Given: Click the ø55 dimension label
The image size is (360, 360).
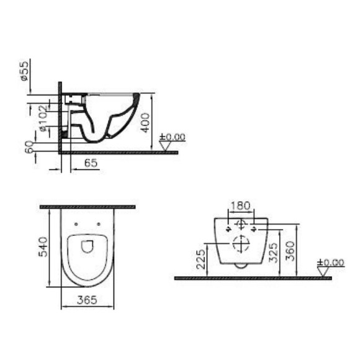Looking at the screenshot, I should pos(22,71).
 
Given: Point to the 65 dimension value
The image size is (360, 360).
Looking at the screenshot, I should pos(91,163).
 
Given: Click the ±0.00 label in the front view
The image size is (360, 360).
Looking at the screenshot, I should pos(330,263).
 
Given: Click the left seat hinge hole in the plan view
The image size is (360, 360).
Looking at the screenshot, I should pos(76,223).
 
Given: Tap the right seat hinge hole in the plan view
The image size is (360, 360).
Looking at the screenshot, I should pos(99,223).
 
